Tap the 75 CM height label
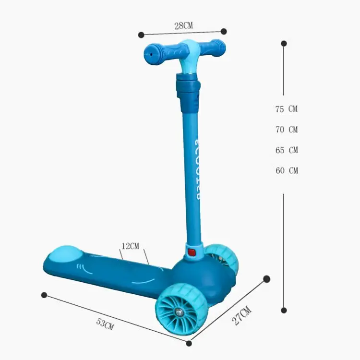point(287,109)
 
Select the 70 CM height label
point(287,130)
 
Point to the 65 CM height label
point(287,150)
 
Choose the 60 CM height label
point(287,171)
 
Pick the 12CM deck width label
point(130,246)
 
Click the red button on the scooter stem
point(192,252)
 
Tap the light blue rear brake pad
point(66,253)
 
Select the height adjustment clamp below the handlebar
point(188,91)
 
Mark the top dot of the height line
point(284,43)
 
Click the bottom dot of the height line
point(284,310)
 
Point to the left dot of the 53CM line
point(44,295)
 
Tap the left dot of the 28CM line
point(141,35)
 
